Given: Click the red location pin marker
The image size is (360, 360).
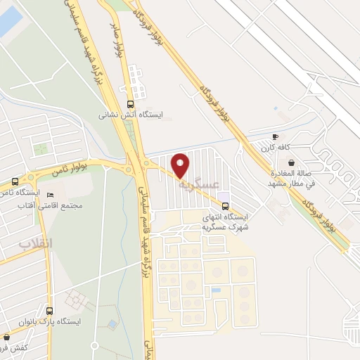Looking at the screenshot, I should [x=181, y=165].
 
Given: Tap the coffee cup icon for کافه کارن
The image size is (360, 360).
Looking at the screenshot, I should [x=276, y=136].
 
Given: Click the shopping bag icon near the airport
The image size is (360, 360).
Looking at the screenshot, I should [x=291, y=162].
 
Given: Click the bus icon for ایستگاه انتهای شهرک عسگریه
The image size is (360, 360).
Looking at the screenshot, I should [x=225, y=206].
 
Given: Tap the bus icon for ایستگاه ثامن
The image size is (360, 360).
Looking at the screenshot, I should [x=15, y=181].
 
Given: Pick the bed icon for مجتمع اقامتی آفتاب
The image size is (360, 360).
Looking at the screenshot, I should [x=49, y=195].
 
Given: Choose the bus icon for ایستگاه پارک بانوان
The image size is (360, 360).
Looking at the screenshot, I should [x=49, y=310].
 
